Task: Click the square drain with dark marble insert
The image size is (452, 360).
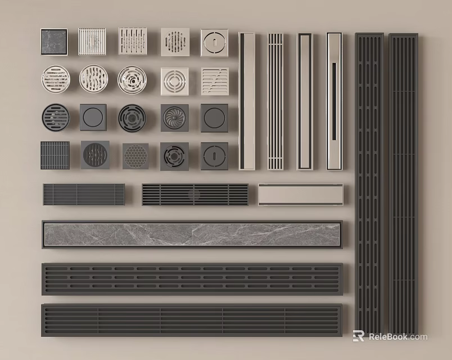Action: point(54,42)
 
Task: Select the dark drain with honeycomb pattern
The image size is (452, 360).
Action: point(135,156)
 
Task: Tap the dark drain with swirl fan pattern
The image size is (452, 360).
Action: point(174,118)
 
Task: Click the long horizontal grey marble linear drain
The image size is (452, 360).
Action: point(192,235)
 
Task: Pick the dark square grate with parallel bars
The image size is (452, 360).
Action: point(55,155)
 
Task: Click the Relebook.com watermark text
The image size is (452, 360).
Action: point(397,337)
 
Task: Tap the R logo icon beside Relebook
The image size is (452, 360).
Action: point(358,336)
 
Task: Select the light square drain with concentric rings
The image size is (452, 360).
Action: point(174,81)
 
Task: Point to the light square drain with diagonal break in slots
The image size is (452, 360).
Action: point(215,81)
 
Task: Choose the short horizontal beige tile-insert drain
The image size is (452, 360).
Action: point(300,195)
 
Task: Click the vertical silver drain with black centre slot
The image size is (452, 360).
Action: point(334,101)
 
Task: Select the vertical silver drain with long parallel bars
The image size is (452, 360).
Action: point(275,101)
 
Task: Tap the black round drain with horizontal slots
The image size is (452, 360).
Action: point(56,118)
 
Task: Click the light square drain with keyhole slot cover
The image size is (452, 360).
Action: point(214,42)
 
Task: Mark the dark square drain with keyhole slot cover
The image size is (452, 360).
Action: point(214,156)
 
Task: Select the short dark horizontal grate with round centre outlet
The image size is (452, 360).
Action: point(195,195)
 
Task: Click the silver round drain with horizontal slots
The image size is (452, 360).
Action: point(56,79)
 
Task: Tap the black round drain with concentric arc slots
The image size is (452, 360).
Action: point(132,118)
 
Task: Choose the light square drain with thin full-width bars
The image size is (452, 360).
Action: point(92,42)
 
